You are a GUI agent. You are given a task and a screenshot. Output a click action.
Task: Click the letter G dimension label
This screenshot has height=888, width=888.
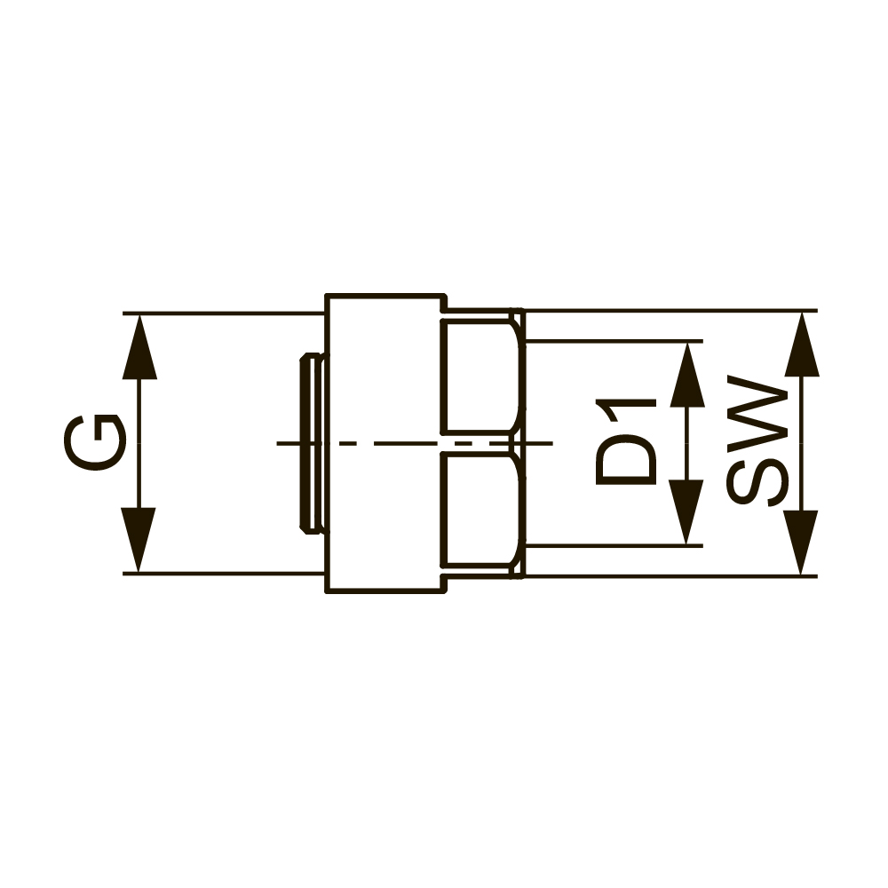94,442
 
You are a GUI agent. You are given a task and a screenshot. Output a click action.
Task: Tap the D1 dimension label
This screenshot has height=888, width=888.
626,441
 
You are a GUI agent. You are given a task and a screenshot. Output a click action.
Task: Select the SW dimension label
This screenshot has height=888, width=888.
757,440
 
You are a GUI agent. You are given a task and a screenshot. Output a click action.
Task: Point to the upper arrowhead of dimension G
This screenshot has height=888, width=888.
139,346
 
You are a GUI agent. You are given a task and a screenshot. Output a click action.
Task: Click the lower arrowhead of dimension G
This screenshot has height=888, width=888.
139,540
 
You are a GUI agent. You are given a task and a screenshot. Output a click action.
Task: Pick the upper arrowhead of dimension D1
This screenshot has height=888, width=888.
687,375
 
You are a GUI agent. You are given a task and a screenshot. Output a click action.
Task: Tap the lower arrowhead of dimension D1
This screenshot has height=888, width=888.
687,512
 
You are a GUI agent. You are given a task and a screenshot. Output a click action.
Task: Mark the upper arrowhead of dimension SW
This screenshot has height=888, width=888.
801,344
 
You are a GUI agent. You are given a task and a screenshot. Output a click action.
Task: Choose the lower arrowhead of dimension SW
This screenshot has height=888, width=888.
801,543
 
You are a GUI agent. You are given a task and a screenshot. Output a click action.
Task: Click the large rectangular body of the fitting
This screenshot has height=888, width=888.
385,443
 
